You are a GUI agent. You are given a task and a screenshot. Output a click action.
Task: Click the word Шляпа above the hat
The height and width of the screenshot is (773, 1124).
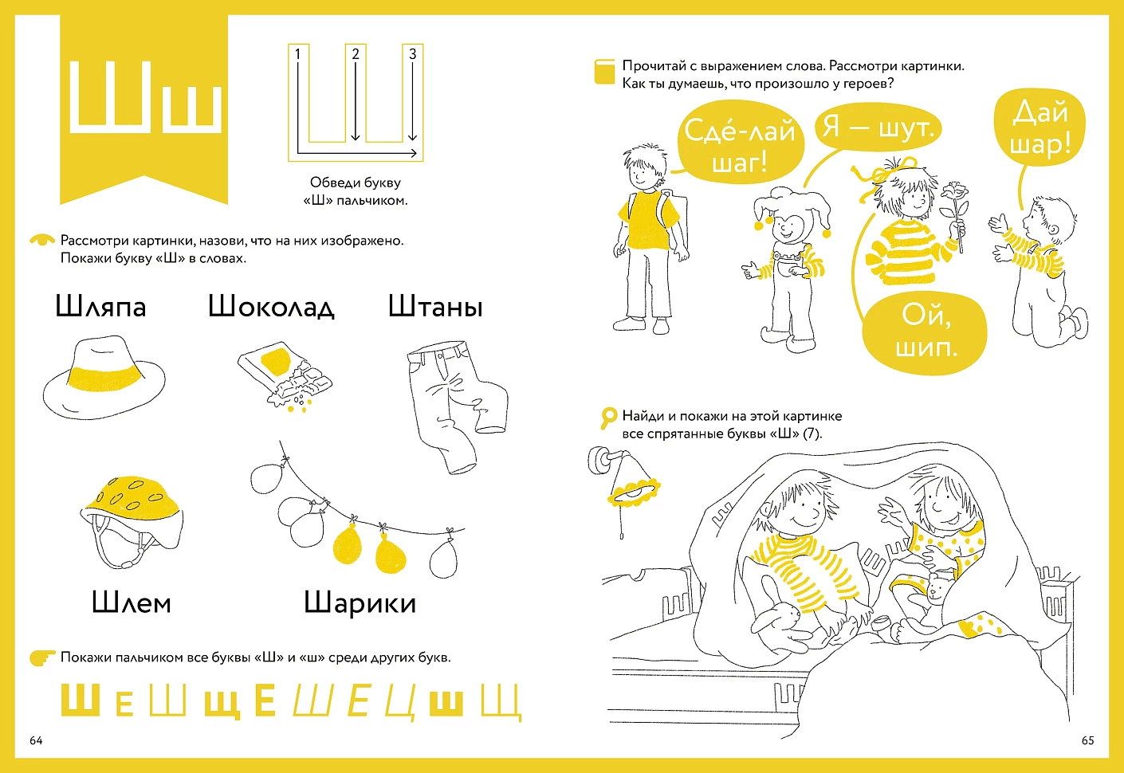(100, 307)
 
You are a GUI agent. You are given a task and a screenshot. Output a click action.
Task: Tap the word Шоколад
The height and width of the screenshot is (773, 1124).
(271, 307)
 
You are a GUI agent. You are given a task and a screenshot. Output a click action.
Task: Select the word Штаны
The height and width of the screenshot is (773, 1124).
(435, 307)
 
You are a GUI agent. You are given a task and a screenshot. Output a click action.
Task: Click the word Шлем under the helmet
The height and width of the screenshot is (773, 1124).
(132, 602)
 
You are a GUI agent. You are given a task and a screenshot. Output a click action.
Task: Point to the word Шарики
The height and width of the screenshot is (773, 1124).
(360, 602)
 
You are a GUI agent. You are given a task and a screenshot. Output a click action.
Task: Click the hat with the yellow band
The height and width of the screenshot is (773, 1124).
(104, 378)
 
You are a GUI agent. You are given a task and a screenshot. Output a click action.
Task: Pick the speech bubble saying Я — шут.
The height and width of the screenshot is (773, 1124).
(878, 128)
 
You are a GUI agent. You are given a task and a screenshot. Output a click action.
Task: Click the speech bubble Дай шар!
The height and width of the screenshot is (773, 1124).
(1040, 128)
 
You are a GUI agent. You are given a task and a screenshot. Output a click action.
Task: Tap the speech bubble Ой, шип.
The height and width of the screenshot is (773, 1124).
(925, 332)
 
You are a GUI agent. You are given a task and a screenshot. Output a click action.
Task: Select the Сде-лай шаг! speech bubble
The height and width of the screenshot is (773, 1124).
(740, 147)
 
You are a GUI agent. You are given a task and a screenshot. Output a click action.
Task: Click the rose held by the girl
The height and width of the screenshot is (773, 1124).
(953, 195)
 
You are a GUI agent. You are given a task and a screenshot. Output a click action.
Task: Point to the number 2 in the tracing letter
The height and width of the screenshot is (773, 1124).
(356, 54)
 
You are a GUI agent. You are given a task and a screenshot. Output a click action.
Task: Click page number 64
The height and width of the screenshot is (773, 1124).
(36, 740)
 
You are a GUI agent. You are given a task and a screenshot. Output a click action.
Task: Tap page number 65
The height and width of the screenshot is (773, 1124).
(1087, 740)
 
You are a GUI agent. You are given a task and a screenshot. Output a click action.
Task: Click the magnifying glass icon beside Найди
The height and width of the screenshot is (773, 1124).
(608, 417)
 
